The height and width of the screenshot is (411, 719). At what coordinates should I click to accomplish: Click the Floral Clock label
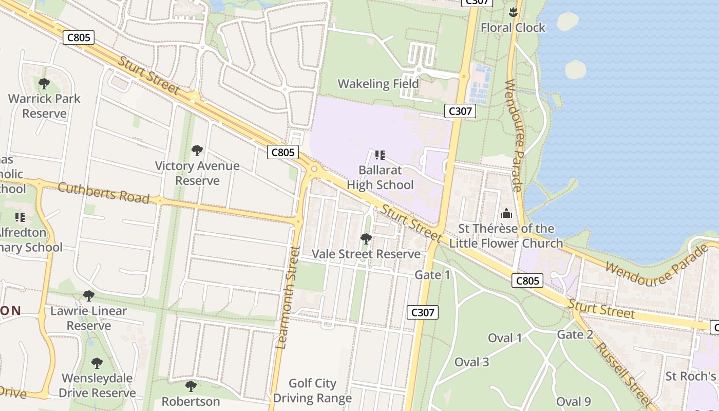click(513, 28)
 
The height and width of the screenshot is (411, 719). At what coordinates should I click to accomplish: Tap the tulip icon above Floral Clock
click(513, 11)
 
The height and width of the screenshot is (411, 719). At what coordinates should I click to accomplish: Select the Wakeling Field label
click(378, 84)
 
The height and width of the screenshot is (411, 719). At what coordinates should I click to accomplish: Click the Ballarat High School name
click(380, 177)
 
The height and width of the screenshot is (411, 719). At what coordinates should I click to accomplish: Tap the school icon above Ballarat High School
click(380, 155)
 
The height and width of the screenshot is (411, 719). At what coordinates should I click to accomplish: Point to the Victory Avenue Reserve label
click(197, 173)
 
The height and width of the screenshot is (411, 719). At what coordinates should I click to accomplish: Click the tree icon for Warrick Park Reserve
click(44, 83)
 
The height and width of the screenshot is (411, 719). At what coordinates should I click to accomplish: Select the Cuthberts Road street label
click(104, 193)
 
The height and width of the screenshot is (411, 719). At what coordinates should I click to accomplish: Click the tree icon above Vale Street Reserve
click(366, 238)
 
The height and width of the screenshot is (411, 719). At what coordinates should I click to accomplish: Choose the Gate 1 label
click(432, 275)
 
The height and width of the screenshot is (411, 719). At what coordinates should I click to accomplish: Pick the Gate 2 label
click(575, 335)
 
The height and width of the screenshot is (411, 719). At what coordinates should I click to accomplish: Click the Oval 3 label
click(471, 362)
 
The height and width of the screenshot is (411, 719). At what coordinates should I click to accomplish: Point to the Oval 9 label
click(573, 402)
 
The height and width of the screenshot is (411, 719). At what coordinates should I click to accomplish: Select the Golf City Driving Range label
click(312, 390)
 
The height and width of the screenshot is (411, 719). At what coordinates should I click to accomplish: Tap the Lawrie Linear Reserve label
click(88, 319)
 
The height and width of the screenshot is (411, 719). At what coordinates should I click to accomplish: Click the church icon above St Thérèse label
click(506, 213)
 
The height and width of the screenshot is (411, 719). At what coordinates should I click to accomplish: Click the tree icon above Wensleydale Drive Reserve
click(97, 363)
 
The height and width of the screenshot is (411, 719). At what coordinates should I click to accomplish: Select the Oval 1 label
click(504, 338)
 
